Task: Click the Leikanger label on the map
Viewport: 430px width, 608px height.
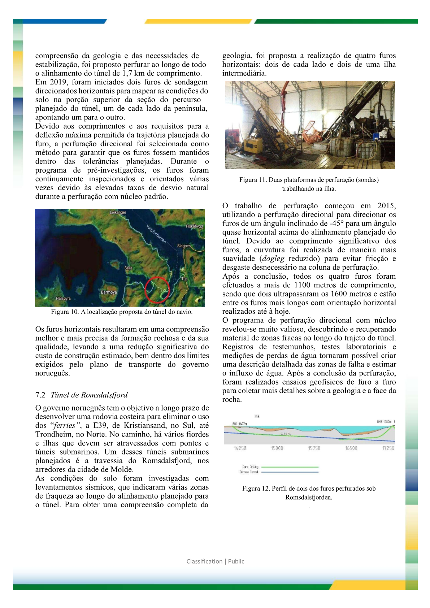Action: [x=118, y=212]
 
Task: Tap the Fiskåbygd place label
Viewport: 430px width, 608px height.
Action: [x=194, y=226]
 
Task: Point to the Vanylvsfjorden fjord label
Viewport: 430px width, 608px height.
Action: [x=156, y=234]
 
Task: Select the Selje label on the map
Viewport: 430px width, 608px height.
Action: [x=129, y=268]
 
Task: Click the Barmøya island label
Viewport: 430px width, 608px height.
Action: [x=109, y=292]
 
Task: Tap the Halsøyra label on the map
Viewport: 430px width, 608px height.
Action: [x=63, y=299]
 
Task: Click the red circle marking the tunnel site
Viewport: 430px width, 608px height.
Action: [x=157, y=290]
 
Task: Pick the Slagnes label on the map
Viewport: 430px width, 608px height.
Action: [x=184, y=246]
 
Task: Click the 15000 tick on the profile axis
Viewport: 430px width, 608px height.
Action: [x=277, y=448]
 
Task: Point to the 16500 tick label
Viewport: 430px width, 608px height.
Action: [x=351, y=448]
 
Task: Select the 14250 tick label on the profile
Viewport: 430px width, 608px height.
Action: [x=240, y=448]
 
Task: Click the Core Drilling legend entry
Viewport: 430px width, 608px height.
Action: [x=250, y=467]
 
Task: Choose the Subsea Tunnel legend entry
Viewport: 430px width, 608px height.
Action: [x=249, y=472]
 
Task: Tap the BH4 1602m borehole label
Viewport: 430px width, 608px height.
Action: [x=239, y=424]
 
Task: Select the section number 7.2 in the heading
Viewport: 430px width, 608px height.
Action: [x=40, y=395]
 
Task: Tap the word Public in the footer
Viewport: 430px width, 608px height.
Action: [x=236, y=561]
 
